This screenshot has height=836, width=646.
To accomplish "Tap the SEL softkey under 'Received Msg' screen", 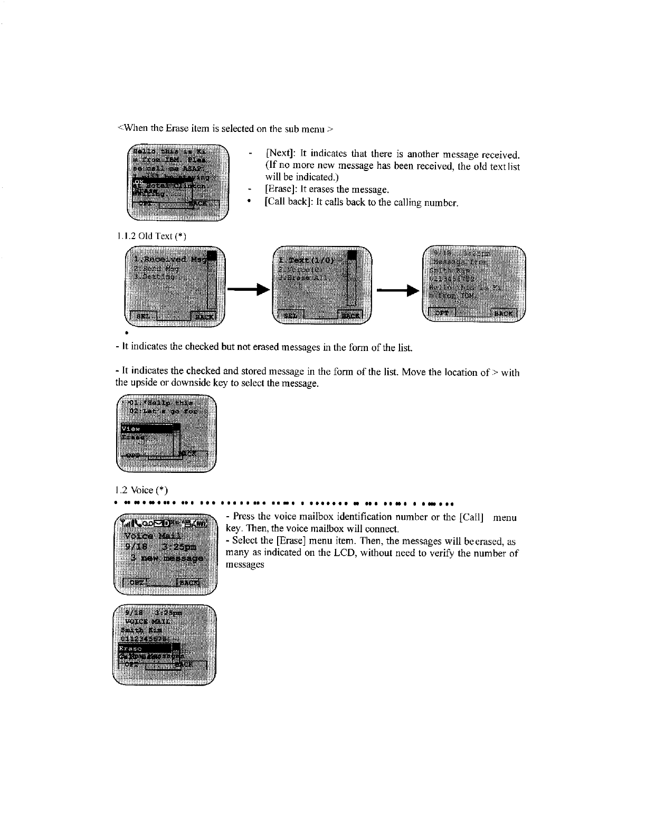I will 141,316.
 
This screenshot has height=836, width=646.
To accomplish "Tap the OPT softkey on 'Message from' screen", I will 441,312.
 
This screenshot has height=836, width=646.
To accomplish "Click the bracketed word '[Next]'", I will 280,154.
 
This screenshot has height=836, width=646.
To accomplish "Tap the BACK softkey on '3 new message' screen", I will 187,582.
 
